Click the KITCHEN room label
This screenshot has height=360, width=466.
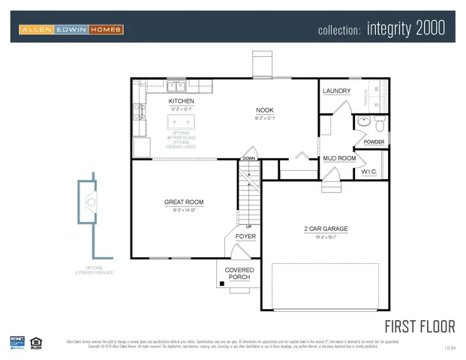pyautogui.click(x=181, y=100)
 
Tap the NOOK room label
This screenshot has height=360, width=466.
pyautogui.click(x=265, y=109)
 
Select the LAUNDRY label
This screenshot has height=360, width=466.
pyautogui.click(x=336, y=91)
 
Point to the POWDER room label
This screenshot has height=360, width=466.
pyautogui.click(x=373, y=142)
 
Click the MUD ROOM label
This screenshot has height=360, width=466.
pyautogui.click(x=339, y=158)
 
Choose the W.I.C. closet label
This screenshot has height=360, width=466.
pyautogui.click(x=368, y=172)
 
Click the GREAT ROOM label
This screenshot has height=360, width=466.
pyautogui.click(x=184, y=202)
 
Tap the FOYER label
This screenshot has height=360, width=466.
pyautogui.click(x=245, y=236)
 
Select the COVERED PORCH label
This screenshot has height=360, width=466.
pyautogui.click(x=239, y=274)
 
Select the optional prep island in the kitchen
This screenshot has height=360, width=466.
pyautogui.click(x=181, y=121)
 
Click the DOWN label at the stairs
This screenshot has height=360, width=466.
pyautogui.click(x=248, y=158)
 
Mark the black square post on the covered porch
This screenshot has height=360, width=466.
pyautogui.click(x=221, y=283)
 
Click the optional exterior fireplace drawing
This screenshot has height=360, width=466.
pyautogui.click(x=91, y=202)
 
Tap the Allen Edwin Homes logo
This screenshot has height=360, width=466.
pyautogui.click(x=71, y=29)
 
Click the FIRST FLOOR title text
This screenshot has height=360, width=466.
pyautogui.click(x=419, y=326)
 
